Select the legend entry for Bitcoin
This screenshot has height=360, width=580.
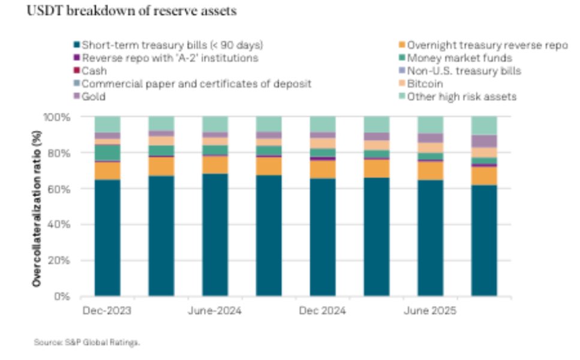coord(425,84)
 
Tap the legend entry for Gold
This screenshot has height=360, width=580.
coord(94,97)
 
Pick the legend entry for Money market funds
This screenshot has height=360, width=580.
coord(459,58)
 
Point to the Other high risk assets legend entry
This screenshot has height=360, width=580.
coord(461,97)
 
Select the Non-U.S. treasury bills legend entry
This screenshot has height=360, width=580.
coord(464,71)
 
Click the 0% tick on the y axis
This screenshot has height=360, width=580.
coord(62,296)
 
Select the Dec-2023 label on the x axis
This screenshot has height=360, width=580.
coord(107,311)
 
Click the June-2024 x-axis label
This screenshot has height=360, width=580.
coord(215,311)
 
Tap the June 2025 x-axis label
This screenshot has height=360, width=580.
coord(430,311)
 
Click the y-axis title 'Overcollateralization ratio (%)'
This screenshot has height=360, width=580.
coord(37,207)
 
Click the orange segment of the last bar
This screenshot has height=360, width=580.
coord(485,175)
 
